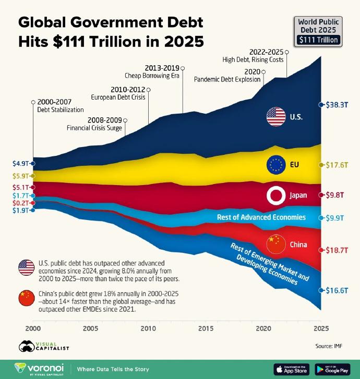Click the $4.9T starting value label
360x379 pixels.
20,163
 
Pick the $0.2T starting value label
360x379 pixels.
20,202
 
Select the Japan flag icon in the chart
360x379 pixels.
275,195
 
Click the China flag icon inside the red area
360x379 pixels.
275,244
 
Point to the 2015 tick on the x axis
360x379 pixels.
206,328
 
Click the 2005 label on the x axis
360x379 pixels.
90,328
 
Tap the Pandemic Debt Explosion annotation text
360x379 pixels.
227,80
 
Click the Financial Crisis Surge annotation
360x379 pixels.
94,128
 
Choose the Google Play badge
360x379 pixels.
332,369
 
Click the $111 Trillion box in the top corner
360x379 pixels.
318,40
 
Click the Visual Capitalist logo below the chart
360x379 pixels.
44,346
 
